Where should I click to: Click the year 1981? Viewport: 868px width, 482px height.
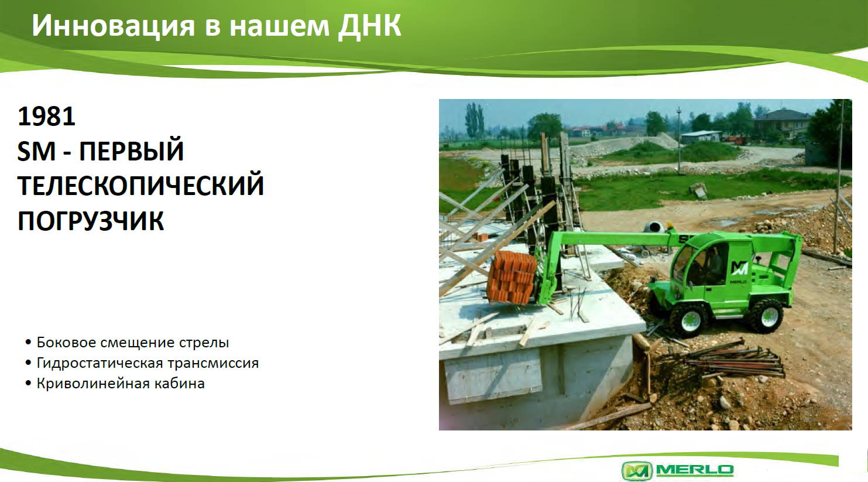tap(46, 117)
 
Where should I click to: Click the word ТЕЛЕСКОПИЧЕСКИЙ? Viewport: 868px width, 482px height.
tap(140, 186)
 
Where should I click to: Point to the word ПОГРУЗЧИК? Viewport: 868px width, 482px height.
tap(91, 221)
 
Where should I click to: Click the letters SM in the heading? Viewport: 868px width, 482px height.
tap(36, 151)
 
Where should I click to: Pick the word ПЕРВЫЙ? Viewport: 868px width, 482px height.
tap(131, 151)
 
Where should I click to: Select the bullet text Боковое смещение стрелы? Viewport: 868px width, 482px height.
tap(132, 343)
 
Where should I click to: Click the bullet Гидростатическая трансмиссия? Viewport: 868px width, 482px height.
tap(147, 363)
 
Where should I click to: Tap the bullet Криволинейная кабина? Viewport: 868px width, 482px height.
tap(121, 384)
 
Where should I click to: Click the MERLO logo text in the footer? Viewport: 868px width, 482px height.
tap(695, 470)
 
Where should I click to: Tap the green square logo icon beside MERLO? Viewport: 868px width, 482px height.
tap(637, 471)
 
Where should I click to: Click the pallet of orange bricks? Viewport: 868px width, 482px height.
tap(512, 277)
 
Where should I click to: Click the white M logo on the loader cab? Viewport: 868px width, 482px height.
tap(739, 268)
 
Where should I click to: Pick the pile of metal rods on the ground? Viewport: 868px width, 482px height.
tap(729, 358)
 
